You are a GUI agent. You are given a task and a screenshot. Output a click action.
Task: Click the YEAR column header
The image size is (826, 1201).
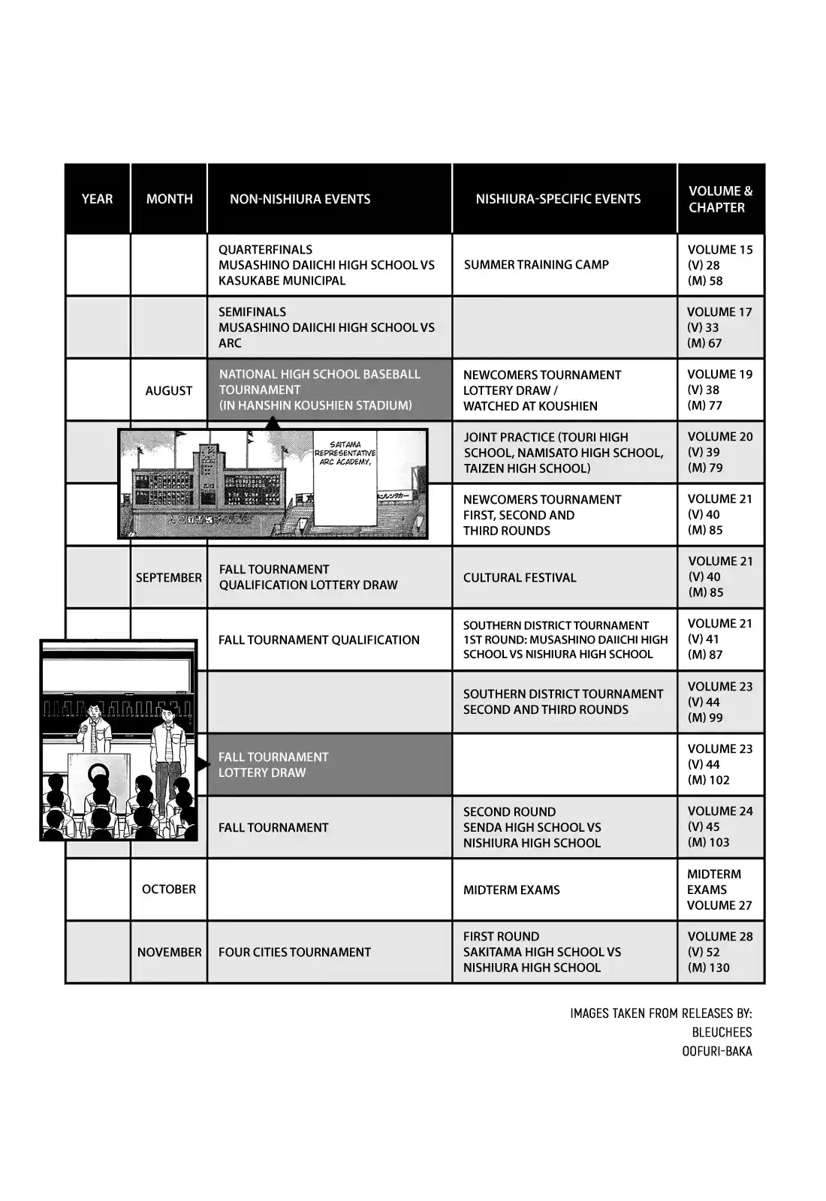point(97,199)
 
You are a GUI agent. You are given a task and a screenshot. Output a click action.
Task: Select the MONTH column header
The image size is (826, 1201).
point(169,199)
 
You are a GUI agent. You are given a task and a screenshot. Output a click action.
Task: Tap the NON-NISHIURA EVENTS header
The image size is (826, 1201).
point(300,199)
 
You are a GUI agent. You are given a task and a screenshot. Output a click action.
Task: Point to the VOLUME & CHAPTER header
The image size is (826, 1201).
point(720,199)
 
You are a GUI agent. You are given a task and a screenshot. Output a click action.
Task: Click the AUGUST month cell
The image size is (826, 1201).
point(169,390)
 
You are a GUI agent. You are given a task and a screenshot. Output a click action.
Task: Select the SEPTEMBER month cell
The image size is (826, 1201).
point(169,577)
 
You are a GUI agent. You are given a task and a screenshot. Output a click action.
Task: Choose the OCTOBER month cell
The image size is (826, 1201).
point(169,889)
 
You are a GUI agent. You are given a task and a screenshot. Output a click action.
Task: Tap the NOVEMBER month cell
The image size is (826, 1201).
point(169,952)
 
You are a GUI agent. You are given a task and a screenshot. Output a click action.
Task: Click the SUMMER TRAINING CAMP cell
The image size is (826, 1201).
point(536,264)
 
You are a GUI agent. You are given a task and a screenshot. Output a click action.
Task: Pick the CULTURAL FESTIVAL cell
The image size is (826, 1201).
point(520,577)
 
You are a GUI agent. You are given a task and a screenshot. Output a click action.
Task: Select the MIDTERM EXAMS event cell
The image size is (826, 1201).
point(511,889)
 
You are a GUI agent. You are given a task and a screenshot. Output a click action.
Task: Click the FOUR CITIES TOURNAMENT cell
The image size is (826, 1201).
point(294,952)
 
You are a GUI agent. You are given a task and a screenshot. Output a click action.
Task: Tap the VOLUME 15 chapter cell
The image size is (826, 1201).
point(719,265)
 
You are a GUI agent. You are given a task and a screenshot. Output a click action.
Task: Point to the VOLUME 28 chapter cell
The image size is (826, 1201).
point(719,952)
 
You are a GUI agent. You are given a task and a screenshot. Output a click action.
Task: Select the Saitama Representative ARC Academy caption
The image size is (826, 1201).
point(345,453)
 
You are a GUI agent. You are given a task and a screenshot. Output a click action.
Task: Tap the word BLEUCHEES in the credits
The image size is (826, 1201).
point(722,1032)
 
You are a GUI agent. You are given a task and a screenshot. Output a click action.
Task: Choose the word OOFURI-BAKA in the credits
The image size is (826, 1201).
point(716,1051)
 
